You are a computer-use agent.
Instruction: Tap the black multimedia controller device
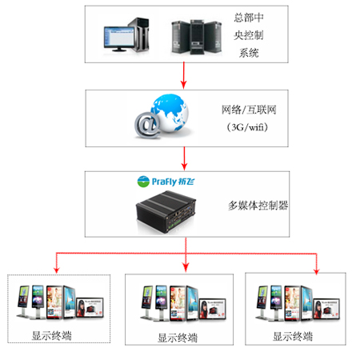[x=169, y=208]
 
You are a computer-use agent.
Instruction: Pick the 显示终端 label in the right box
[x=292, y=335]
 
